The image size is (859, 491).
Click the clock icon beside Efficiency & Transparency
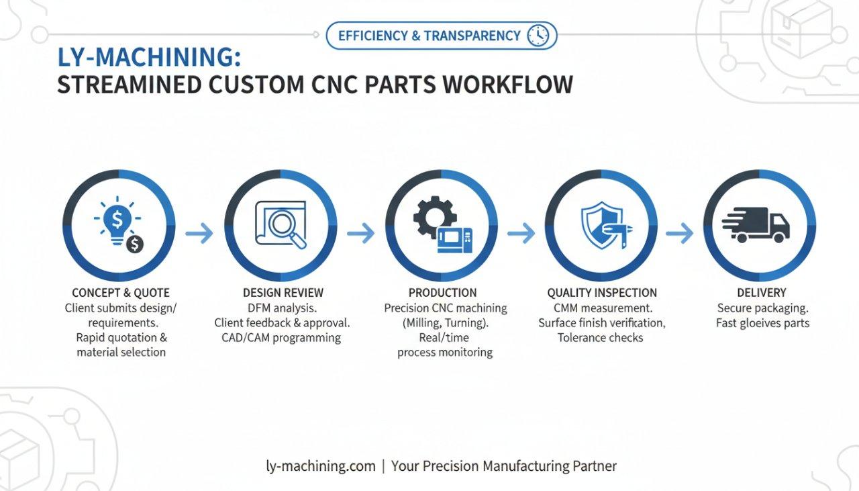pyautogui.click(x=538, y=36)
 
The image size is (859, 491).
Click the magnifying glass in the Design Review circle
pyautogui.click(x=287, y=228)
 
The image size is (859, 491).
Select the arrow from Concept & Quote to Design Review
pyautogui.click(x=199, y=234)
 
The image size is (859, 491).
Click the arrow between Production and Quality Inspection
pyautogui.click(x=521, y=234)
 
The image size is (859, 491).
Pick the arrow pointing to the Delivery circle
pyautogui.click(x=679, y=234)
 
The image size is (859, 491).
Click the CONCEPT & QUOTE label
pyautogui.click(x=121, y=293)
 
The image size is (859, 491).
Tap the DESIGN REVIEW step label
pyautogui.click(x=283, y=293)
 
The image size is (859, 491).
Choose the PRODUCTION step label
pyautogui.click(x=443, y=293)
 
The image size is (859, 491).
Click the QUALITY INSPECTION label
pyautogui.click(x=602, y=293)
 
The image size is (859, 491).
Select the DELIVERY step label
pyautogui.click(x=760, y=293)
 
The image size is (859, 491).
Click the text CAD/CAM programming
pyautogui.click(x=281, y=338)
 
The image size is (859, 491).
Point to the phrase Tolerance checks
pyautogui.click(x=601, y=338)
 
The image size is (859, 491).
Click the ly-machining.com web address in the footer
pyautogui.click(x=321, y=465)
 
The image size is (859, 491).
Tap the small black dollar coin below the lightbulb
pyautogui.click(x=135, y=244)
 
